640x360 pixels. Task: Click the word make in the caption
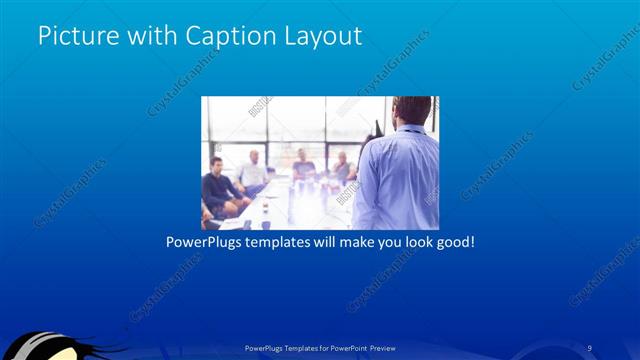(x=343, y=242)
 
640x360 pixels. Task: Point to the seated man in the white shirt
(x=253, y=172)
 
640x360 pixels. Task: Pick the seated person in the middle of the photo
(x=303, y=166)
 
